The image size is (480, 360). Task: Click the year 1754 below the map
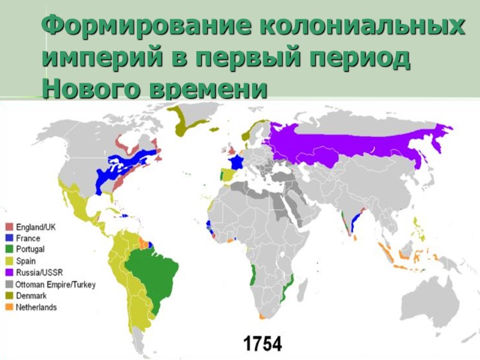click(x=262, y=344)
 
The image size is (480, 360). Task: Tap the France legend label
click(x=28, y=238)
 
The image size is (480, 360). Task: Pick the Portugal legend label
click(x=30, y=249)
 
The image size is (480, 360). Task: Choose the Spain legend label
click(x=26, y=261)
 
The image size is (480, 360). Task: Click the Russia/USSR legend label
click(x=40, y=272)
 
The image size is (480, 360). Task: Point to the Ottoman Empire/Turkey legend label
click(x=56, y=284)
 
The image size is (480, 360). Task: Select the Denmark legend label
click(x=31, y=296)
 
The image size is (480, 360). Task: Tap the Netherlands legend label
click(x=37, y=307)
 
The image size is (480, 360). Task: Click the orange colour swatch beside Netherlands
click(x=10, y=307)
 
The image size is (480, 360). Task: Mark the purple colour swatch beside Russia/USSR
click(x=10, y=272)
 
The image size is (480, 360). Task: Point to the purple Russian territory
click(x=348, y=144)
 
